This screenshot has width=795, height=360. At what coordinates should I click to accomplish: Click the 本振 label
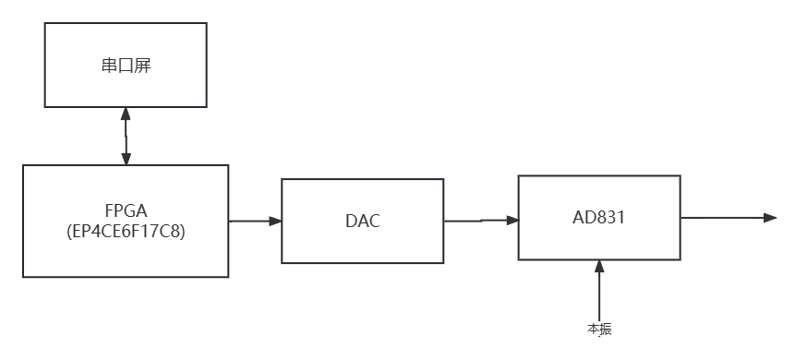coord(599,329)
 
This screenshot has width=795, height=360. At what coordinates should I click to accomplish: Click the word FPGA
coord(126,210)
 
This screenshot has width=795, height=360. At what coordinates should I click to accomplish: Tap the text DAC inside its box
coord(362,222)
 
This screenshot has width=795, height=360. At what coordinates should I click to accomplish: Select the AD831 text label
coord(599,218)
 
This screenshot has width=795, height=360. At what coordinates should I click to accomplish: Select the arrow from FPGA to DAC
coord(255,221)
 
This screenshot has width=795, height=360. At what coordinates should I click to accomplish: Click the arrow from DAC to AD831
coord(480,221)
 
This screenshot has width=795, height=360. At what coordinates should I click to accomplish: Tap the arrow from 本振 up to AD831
coord(599,291)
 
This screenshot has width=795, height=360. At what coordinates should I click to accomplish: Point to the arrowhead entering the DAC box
coord(275,221)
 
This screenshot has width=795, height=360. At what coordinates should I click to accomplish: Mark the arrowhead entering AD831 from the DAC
coord(512,220)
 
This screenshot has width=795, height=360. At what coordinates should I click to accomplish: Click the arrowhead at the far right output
coord(771,218)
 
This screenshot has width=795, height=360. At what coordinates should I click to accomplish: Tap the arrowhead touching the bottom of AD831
coord(599,267)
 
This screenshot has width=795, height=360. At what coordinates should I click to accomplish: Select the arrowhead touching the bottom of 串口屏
coord(126,114)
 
